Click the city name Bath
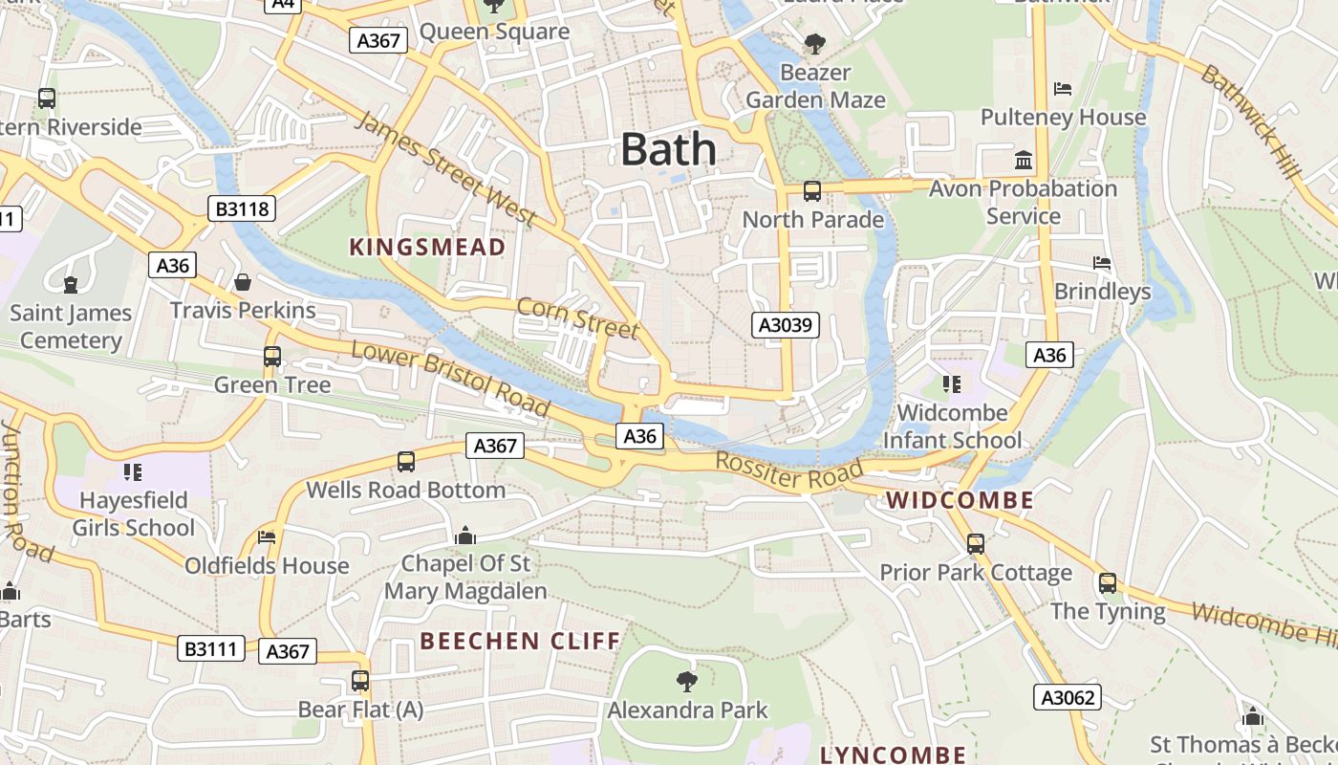(668, 149)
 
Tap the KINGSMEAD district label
(427, 247)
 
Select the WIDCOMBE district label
(960, 499)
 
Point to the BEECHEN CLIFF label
(521, 640)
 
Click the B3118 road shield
(242, 208)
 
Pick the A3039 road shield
(785, 325)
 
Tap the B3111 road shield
(211, 648)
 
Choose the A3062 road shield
(1067, 697)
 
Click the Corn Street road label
(576, 317)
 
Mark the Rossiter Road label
(789, 471)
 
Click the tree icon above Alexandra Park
(686, 681)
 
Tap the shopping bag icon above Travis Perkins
(243, 282)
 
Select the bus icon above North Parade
(812, 191)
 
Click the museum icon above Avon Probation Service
(1024, 160)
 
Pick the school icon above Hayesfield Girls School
(133, 471)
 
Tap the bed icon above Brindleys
(1102, 263)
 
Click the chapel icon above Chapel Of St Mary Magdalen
(465, 535)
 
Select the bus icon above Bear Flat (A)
(360, 681)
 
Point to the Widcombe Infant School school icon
(951, 384)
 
